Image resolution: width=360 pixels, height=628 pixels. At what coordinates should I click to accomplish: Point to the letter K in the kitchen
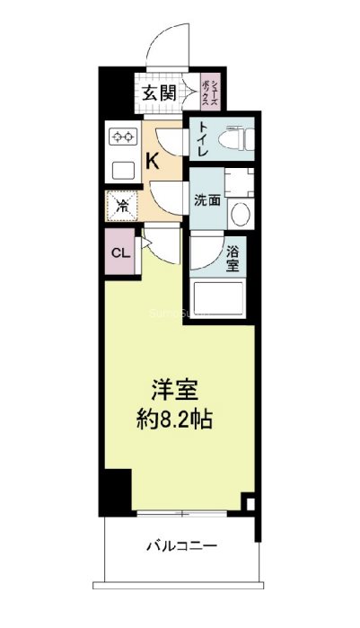154,161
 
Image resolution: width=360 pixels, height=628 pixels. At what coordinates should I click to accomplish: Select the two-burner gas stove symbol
121,137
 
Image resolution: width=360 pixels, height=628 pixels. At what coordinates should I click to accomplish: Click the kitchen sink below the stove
120,169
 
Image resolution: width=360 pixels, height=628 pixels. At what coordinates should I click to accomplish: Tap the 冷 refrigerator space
121,205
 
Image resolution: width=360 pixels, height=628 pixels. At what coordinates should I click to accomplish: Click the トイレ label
203,140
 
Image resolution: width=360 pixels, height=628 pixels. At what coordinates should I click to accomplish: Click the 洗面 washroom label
206,200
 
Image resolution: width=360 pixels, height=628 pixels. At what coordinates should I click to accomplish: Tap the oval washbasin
240,215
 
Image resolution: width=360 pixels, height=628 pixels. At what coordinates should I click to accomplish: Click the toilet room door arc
171,142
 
